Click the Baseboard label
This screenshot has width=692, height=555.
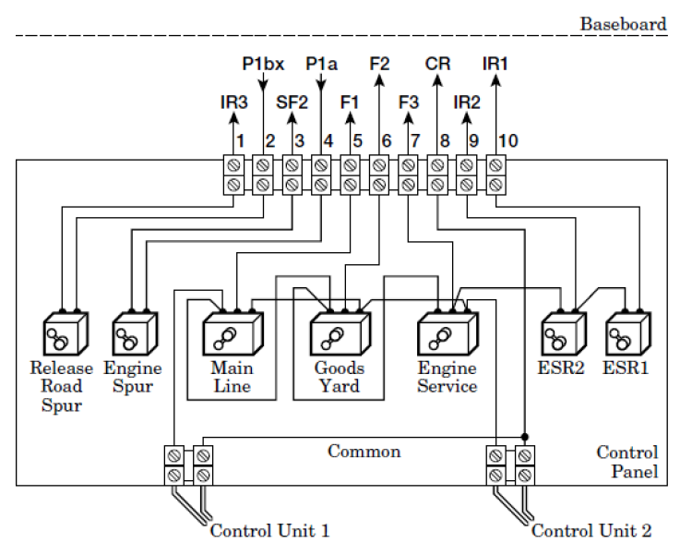click(623, 24)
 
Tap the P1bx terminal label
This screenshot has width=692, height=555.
click(263, 64)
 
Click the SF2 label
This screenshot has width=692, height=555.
click(292, 102)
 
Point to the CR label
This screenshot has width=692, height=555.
click(437, 64)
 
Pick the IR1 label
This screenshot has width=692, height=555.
click(495, 64)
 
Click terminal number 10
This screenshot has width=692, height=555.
click(508, 141)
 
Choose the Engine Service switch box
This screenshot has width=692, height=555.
click(447, 333)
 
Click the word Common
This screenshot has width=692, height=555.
click(364, 452)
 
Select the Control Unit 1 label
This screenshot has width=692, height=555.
click(269, 531)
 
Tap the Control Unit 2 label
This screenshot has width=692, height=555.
click(591, 531)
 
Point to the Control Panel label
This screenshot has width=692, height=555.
click(627, 462)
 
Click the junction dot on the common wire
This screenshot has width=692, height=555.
click(525, 437)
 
